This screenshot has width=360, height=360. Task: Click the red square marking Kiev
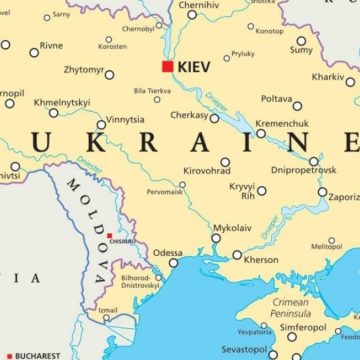coord(167,66)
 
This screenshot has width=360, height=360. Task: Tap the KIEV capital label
coord(195,66)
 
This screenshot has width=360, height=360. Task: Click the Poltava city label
coord(276,99)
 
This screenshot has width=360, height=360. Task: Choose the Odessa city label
coord(167,252)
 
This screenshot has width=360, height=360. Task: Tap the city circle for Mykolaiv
coord(215,238)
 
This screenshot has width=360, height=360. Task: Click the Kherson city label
coord(261,259)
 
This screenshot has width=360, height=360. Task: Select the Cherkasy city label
coord(188,116)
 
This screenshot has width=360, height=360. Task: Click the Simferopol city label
coord(303,326)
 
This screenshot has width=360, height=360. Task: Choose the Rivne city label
coord(51,45)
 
